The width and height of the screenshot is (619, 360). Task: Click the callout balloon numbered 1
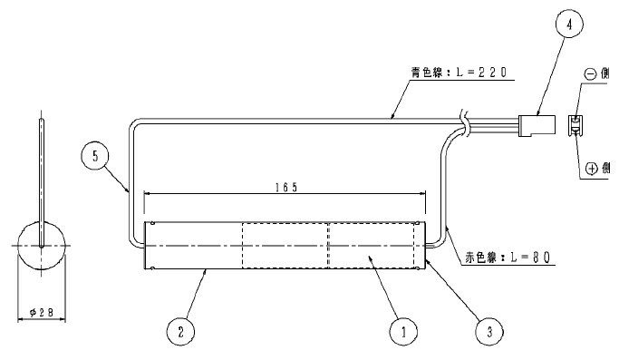(398, 333)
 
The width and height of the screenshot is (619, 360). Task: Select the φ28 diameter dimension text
(42, 312)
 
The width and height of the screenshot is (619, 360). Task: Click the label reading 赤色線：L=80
(502, 258)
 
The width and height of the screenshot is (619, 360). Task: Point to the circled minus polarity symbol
(591, 76)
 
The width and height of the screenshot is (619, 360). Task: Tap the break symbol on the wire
(464, 120)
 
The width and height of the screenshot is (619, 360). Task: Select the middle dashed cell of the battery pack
(284, 245)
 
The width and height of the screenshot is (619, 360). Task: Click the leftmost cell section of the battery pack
(193, 245)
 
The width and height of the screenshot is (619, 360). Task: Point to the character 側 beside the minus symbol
(608, 76)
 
